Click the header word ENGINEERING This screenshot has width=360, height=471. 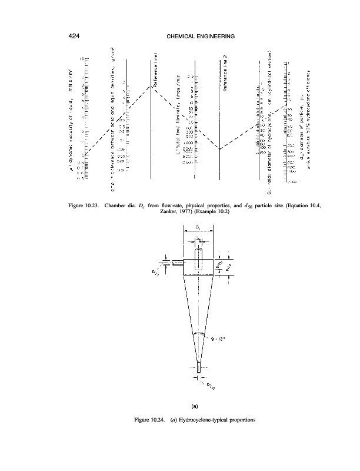pos(215,38)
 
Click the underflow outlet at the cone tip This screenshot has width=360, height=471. pos(199,366)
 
